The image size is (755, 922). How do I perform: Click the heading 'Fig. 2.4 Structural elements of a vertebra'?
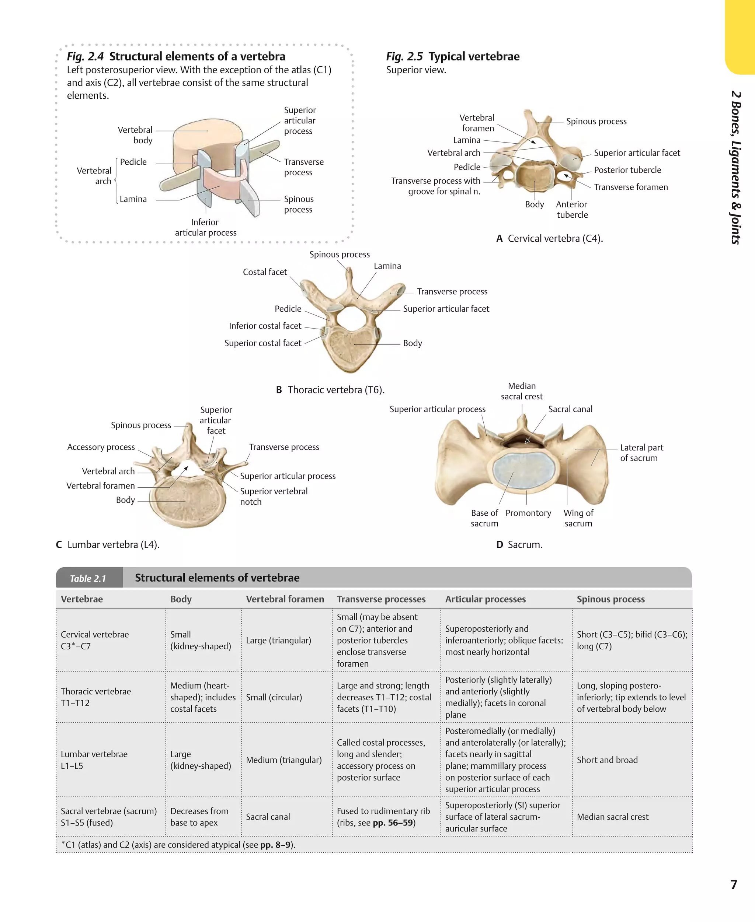pos(176,56)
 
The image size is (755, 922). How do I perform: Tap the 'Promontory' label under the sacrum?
pos(528,513)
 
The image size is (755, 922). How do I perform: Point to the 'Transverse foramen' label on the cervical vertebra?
pos(631,187)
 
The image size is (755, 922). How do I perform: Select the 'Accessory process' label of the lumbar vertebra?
pos(101,447)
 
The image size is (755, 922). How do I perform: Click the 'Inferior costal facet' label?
pos(265,326)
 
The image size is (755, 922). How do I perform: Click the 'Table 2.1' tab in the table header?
pos(88,578)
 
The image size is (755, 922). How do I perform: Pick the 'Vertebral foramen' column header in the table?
pos(285,599)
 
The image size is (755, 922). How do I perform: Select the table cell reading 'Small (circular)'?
pos(274,697)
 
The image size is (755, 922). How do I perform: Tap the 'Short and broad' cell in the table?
pos(607,760)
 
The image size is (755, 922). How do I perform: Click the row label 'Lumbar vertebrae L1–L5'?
pos(94,760)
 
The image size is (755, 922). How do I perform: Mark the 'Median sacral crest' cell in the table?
pos(612,817)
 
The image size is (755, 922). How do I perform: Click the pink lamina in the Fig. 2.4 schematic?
pos(222,182)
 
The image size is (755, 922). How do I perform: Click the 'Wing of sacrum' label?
pos(578,518)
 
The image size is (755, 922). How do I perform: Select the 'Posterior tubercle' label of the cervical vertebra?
pos(627,170)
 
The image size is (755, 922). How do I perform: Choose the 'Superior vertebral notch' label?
pos(274,496)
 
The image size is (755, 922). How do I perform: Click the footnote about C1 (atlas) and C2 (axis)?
pos(178,845)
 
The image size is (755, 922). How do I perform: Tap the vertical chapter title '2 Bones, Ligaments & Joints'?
pos(735,167)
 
